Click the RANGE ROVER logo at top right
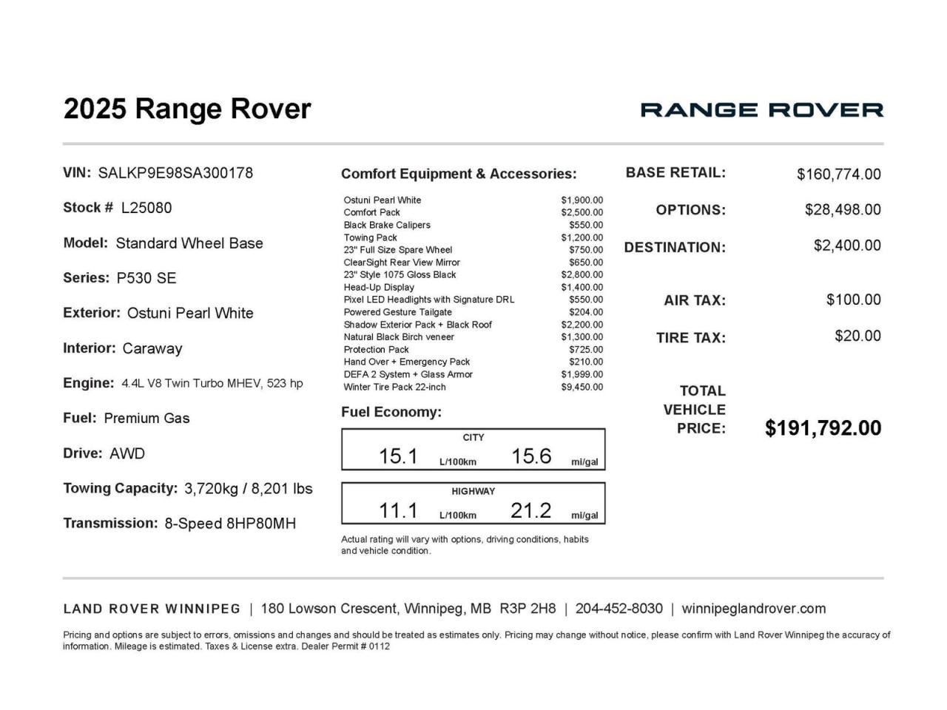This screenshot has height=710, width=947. point(761,110)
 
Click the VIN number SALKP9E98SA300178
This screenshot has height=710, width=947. point(175,173)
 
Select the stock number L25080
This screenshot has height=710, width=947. point(146,208)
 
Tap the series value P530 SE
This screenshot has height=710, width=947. point(146,278)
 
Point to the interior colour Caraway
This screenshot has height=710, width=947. point(152,348)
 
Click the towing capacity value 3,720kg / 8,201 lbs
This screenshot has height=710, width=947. point(249,489)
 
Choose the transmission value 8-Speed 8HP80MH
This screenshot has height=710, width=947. point(230,524)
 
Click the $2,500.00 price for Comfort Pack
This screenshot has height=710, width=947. point(582,212)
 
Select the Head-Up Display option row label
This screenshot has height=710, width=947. point(379,287)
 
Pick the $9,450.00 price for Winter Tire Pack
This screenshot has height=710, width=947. point(582,387)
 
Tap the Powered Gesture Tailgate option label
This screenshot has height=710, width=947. point(397,312)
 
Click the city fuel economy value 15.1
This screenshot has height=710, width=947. point(398,456)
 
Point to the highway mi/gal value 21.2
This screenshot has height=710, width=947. point(530,510)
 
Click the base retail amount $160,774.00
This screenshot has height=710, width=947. point(838,175)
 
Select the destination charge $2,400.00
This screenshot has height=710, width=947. point(847,246)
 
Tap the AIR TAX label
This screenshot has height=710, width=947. point(695,301)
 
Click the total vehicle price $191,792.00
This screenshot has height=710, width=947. point(823,428)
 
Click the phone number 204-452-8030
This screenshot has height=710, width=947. point(619,609)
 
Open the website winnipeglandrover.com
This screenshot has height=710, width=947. point(753,609)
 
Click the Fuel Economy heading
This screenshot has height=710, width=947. point(391,413)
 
